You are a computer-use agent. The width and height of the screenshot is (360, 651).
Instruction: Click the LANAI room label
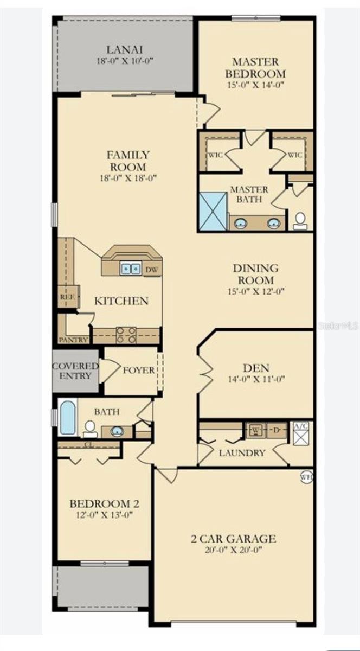click(125, 50)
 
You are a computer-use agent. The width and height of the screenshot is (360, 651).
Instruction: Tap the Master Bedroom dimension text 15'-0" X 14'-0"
click(256, 85)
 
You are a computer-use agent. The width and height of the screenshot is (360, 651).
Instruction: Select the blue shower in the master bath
click(213, 212)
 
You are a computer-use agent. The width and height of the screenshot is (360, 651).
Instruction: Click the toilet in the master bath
click(300, 221)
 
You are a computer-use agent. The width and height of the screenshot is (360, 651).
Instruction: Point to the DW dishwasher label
click(152, 270)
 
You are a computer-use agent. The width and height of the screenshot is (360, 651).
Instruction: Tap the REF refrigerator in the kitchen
click(68, 297)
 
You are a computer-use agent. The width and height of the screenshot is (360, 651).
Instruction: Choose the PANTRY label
click(74, 340)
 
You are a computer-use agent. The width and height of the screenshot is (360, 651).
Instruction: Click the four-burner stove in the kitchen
click(126, 335)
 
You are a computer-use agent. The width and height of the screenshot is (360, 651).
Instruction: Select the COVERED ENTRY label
click(75, 371)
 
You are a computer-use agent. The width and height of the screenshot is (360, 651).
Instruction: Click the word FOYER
click(139, 370)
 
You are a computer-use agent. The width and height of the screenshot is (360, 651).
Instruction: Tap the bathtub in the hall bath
click(67, 418)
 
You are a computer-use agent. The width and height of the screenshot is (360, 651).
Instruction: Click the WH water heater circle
click(306, 477)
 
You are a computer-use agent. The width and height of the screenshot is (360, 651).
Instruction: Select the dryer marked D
click(277, 430)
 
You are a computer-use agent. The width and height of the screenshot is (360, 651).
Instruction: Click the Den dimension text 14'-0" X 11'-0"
click(256, 379)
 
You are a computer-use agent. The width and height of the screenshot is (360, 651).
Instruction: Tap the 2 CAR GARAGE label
click(233, 539)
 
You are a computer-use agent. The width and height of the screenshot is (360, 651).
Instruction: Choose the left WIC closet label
click(215, 155)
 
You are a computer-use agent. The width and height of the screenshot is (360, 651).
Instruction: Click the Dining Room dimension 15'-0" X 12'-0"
click(256, 291)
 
